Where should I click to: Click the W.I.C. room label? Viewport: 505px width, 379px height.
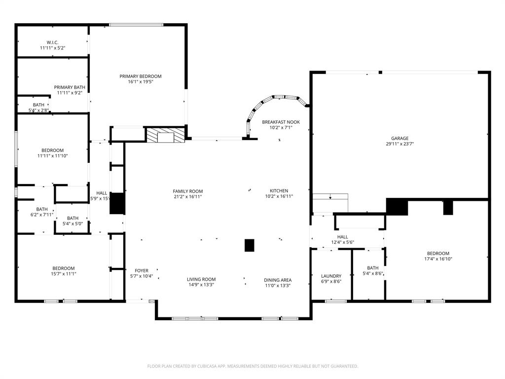tap(52, 42)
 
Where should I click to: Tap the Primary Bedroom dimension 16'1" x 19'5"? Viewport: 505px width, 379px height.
tap(141, 82)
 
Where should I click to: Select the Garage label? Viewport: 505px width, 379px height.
tap(400, 138)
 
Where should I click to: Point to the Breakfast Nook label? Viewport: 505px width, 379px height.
tap(281, 122)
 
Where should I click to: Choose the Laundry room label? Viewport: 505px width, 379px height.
tap(331, 276)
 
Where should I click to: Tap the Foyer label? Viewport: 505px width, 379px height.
tap(142, 270)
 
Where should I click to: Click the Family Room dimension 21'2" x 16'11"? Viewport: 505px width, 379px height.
tap(187, 196)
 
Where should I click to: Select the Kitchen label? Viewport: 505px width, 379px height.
tap(279, 191)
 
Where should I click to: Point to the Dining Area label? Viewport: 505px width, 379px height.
tap(277, 280)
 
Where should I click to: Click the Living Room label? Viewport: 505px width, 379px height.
tap(201, 279)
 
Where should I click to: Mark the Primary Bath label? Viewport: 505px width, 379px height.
tap(70, 87)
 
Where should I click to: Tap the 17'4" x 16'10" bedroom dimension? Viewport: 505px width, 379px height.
tap(438, 259)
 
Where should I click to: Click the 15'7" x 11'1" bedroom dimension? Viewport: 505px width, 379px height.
tap(64, 274)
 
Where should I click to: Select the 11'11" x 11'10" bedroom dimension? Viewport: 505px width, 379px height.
tap(52, 156)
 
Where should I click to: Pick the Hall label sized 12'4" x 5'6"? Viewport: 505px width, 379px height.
tap(342, 237)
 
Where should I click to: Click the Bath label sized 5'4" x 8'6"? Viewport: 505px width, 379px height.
tap(373, 268)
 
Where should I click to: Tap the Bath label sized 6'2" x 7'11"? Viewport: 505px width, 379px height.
tap(42, 209)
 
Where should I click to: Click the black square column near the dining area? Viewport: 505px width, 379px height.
tap(250, 245)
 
